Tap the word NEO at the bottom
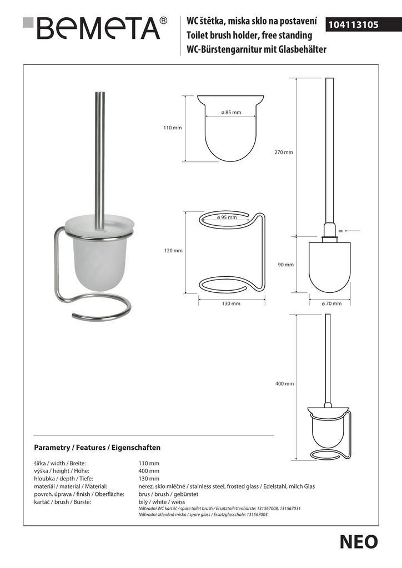click(359, 541)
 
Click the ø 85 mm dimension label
click(231, 113)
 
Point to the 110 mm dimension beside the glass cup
click(173, 128)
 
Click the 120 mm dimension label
click(173, 251)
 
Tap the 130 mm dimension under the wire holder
click(231, 303)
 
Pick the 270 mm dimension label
click(285, 152)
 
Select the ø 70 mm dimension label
click(331, 303)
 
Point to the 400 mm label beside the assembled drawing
click(285, 383)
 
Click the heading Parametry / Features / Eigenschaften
click(97, 447)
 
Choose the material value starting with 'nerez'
click(227, 486)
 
